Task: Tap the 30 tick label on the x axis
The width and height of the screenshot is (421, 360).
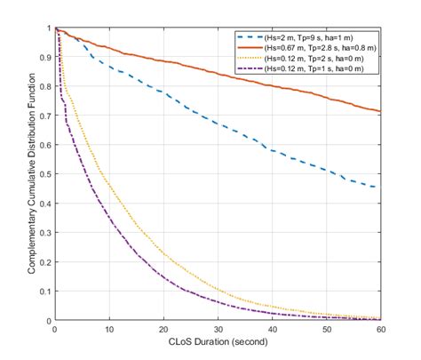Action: click(218, 329)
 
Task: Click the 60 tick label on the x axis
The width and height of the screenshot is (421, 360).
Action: click(380, 329)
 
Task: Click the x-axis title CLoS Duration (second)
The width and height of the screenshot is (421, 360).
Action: click(218, 341)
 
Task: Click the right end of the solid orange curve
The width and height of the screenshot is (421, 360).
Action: click(380, 111)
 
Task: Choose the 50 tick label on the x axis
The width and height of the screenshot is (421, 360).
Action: click(326, 329)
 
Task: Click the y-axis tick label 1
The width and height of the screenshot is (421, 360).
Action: click(49, 28)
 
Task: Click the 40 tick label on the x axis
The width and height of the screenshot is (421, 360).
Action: click(272, 329)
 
